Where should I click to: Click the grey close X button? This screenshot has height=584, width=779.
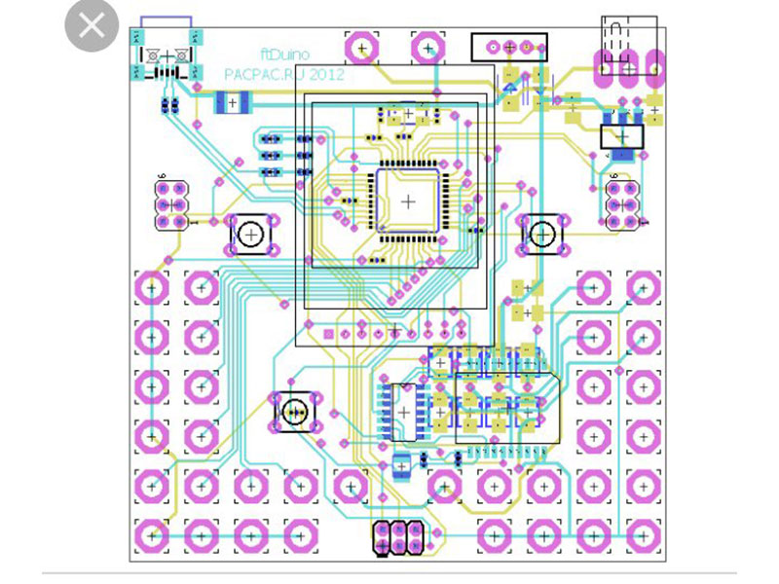(x=91, y=26)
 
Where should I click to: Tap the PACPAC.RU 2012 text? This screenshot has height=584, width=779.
(x=282, y=74)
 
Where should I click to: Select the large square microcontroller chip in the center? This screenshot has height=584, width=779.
(x=407, y=200)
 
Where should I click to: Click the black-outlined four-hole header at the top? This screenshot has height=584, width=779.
(x=508, y=46)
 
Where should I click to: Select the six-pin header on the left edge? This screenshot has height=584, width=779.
(x=170, y=204)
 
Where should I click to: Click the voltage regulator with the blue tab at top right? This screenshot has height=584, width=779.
(x=623, y=139)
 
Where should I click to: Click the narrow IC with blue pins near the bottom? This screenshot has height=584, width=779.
(x=403, y=412)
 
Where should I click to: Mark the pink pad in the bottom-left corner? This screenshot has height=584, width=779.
(x=151, y=534)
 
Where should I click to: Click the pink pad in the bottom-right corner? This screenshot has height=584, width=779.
(x=643, y=534)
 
